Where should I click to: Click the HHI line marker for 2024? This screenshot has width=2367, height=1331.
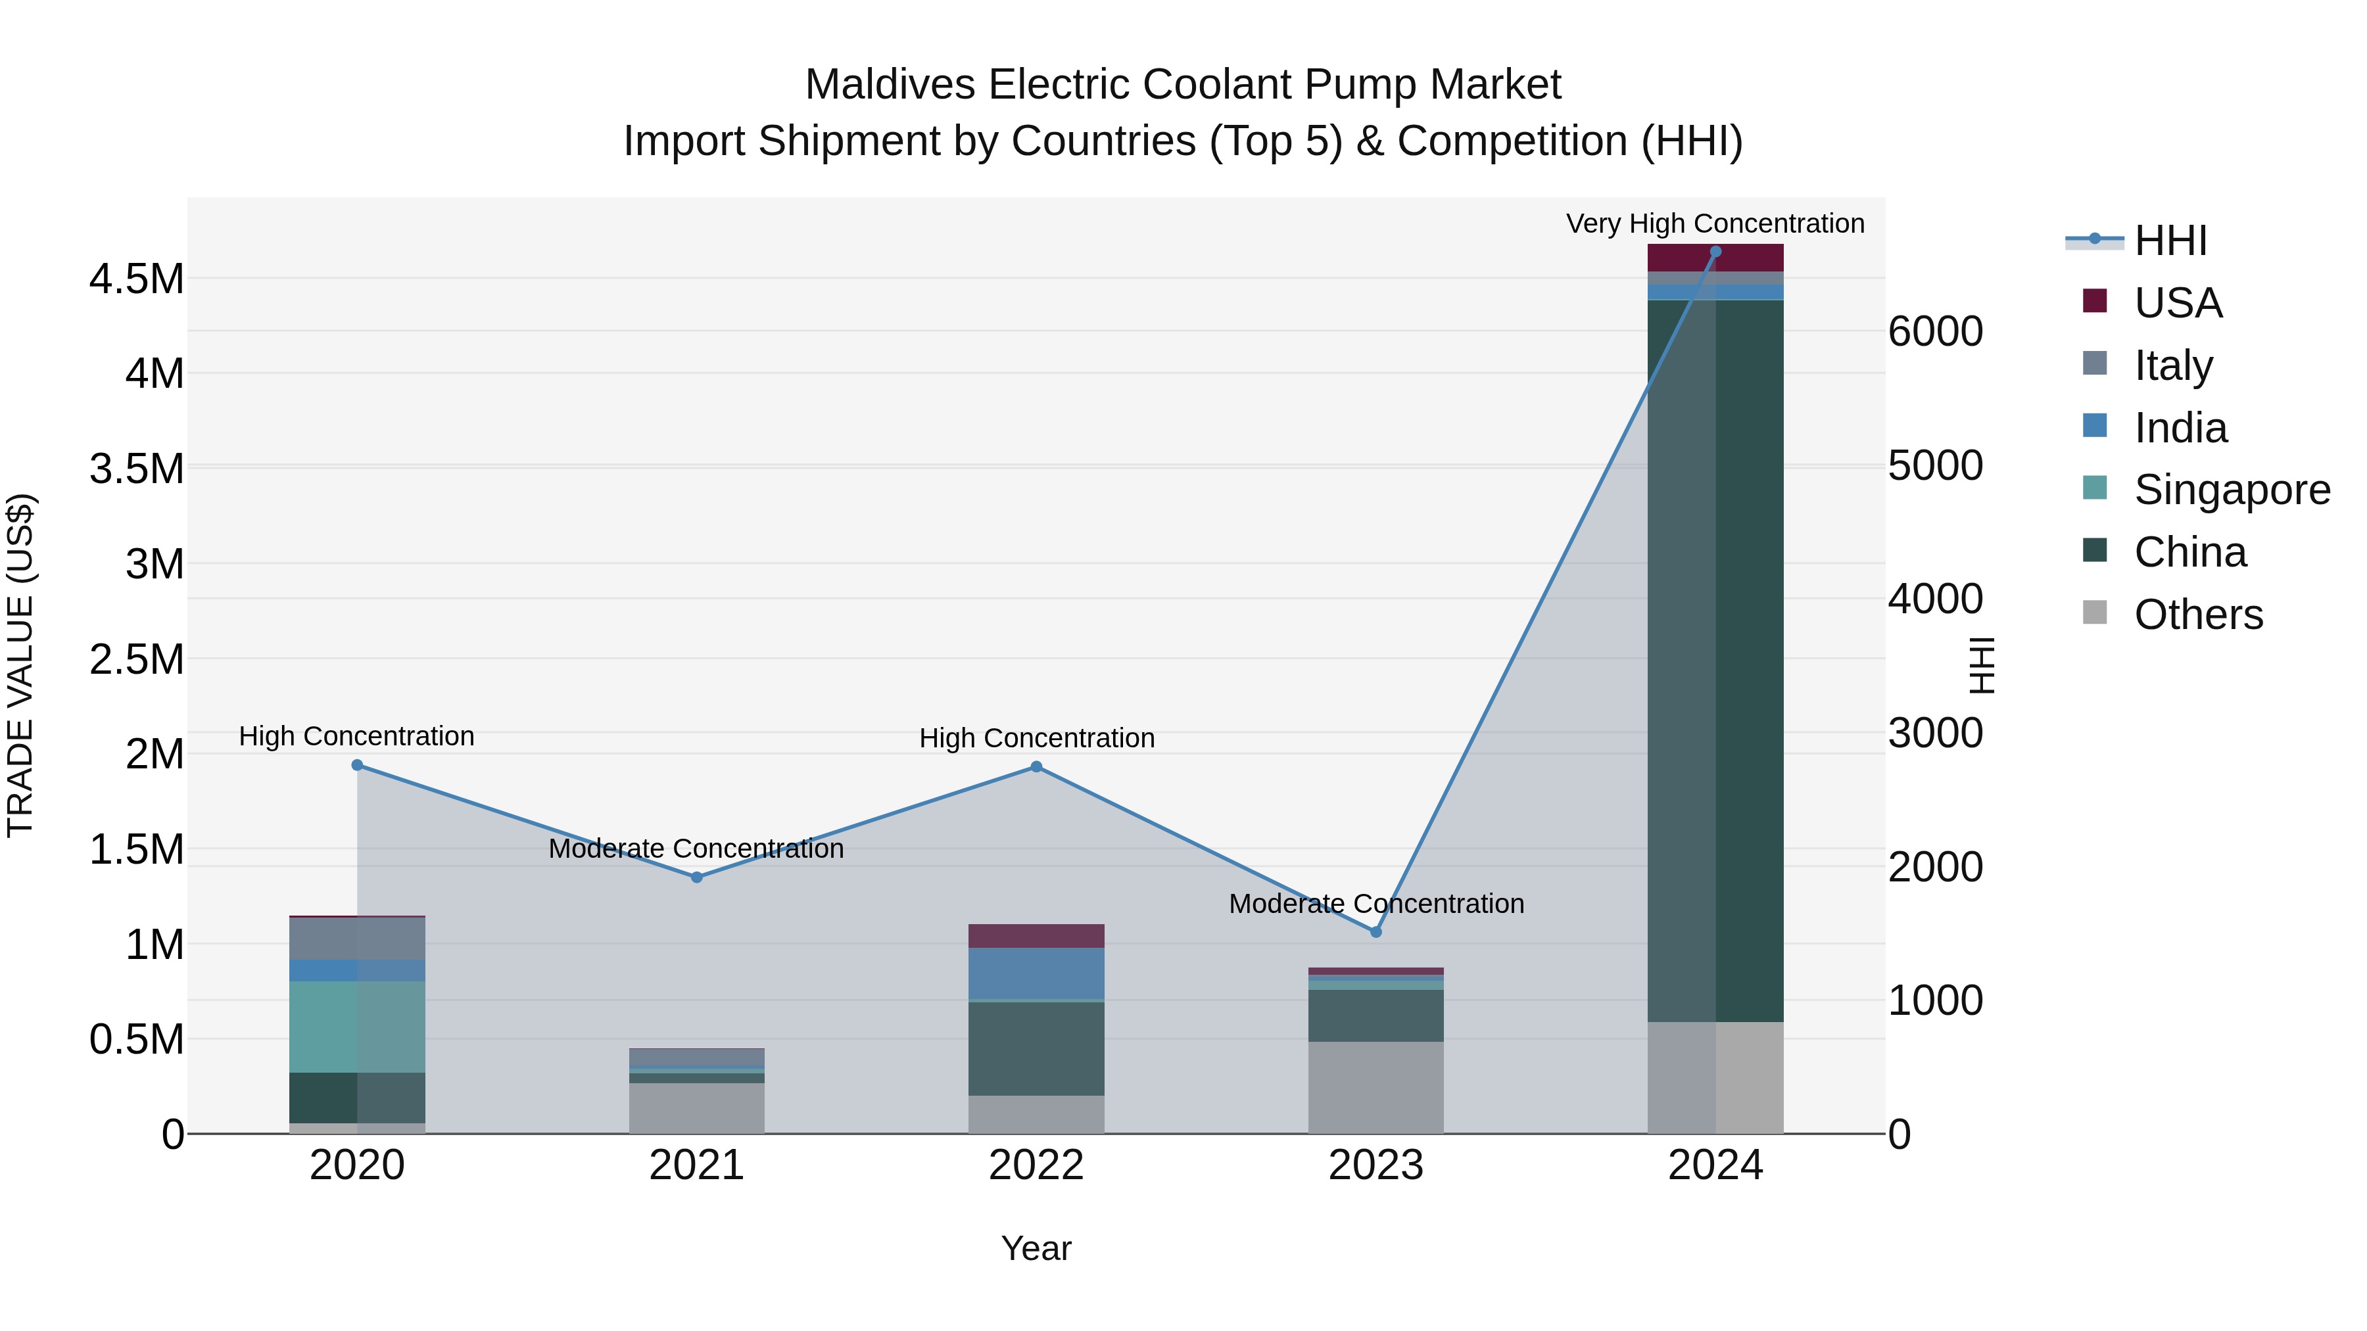coord(1715,252)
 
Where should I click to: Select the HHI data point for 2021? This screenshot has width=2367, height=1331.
coord(696,877)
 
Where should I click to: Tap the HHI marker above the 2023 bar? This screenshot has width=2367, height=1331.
coord(1375,932)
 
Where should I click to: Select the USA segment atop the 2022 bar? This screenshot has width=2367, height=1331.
coord(1036,936)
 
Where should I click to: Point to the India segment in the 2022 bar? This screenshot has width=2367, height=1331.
coord(1036,973)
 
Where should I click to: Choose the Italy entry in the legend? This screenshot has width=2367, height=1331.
coord(2173,365)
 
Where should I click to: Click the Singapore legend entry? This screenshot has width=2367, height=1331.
coord(2231,490)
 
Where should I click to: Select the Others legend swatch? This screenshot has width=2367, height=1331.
coord(2094,613)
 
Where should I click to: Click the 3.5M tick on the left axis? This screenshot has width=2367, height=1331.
coord(137,469)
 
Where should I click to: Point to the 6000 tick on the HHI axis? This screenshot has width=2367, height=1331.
coord(1935,332)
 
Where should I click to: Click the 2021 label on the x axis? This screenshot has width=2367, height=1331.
coord(696,1165)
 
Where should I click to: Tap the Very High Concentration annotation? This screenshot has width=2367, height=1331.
coord(1715,223)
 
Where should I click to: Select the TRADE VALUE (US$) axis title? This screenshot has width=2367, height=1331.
coord(20,665)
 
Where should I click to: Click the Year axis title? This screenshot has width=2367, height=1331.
coord(1036,1248)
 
